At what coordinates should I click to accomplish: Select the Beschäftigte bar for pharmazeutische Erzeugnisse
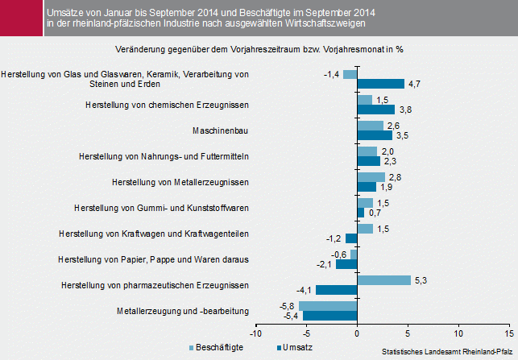click(x=383, y=280)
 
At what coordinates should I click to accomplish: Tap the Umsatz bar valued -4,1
click(x=337, y=290)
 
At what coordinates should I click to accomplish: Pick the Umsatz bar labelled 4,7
click(x=380, y=84)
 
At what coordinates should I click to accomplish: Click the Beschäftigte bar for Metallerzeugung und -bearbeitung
click(x=328, y=306)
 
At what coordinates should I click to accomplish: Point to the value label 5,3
click(x=419, y=280)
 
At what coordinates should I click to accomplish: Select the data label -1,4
click(x=331, y=74)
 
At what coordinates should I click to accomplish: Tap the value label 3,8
click(x=405, y=110)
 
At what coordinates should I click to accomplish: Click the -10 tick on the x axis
click(x=255, y=333)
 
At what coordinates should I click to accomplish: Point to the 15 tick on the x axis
click(x=509, y=333)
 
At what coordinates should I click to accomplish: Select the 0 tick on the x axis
click(x=357, y=333)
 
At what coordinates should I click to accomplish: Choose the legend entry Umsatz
click(x=296, y=347)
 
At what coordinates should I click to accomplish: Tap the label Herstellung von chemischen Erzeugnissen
click(x=167, y=105)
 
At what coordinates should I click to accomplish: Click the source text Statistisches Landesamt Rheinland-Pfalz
click(x=447, y=352)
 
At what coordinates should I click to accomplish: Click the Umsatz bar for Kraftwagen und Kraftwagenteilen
click(x=351, y=238)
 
